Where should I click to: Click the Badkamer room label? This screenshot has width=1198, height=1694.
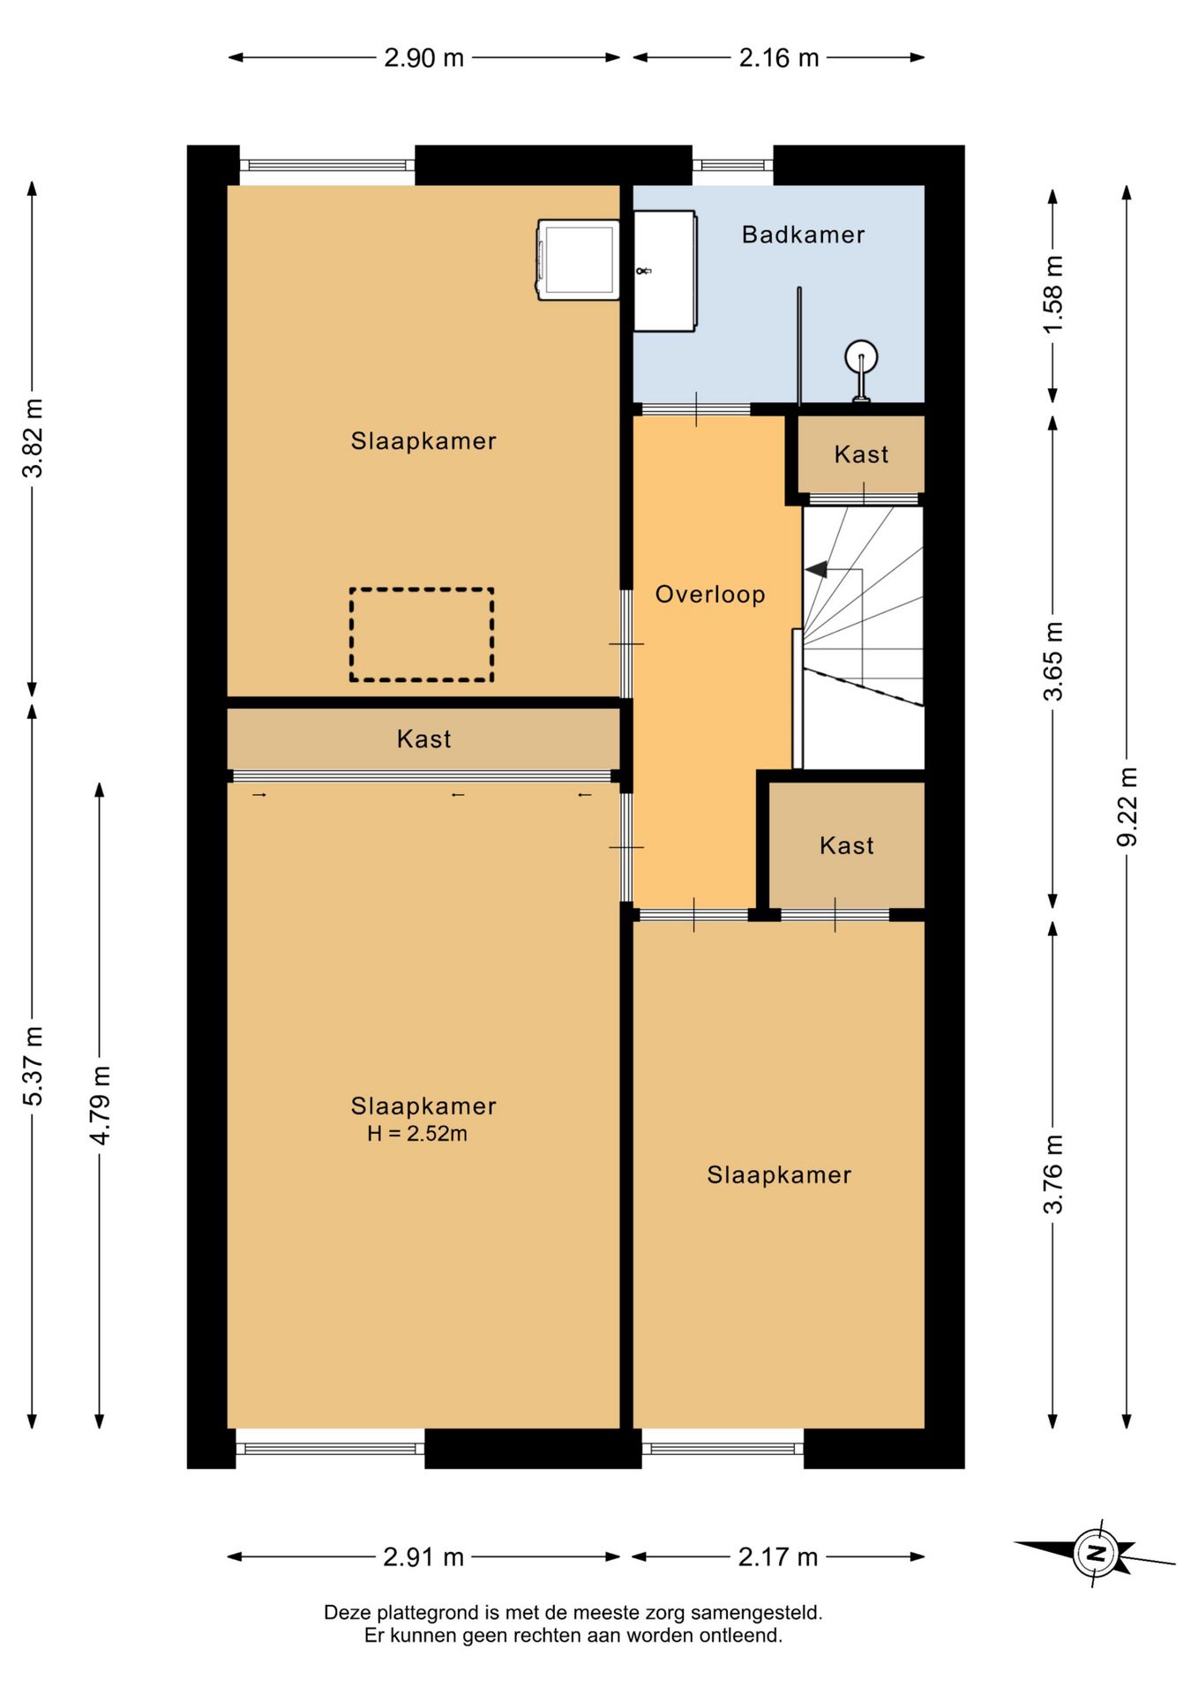tap(803, 235)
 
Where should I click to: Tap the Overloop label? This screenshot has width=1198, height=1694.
tap(710, 595)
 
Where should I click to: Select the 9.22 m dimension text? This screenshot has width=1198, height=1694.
tap(1127, 806)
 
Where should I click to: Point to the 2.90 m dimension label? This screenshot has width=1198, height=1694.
tap(423, 58)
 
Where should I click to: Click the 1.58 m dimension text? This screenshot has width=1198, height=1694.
tap(1053, 294)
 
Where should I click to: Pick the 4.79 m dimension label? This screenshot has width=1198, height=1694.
tap(101, 1105)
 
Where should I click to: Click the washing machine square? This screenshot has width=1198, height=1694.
tap(578, 260)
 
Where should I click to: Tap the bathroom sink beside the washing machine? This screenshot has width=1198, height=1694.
tap(665, 271)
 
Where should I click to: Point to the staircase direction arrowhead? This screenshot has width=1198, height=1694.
tap(816, 569)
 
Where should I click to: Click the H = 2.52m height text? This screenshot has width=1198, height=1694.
tap(417, 1134)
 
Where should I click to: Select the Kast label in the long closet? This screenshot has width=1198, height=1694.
tap(423, 739)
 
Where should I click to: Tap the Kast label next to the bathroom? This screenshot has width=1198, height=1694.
tap(861, 454)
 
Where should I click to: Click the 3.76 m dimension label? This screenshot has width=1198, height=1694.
tap(1053, 1174)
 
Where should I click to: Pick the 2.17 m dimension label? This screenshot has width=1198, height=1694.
tap(778, 1557)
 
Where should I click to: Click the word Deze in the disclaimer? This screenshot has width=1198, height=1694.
tap(348, 1613)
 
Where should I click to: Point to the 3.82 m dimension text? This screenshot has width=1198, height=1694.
tap(33, 438)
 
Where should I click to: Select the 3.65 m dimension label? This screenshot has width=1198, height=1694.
tap(1053, 662)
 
